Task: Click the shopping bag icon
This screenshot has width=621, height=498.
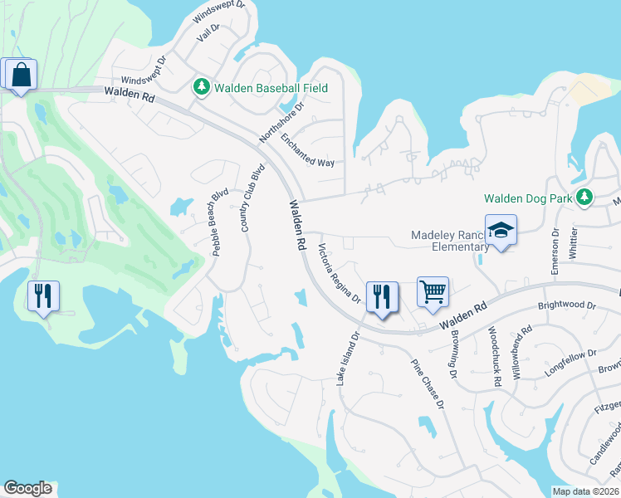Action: pyautogui.click(x=20, y=75)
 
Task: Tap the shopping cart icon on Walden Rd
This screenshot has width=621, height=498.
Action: pyautogui.click(x=433, y=293)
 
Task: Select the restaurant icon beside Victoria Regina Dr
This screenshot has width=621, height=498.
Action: pyautogui.click(x=382, y=297)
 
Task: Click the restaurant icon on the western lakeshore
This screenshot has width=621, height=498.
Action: pyautogui.click(x=43, y=296)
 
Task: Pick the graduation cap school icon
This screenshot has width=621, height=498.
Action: pyautogui.click(x=501, y=230)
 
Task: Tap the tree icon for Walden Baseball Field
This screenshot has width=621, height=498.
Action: pyautogui.click(x=201, y=87)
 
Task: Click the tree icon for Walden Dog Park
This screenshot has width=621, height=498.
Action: pyautogui.click(x=585, y=197)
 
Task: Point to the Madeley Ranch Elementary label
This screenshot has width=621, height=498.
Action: pyautogui.click(x=450, y=241)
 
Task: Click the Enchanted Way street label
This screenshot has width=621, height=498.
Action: pyautogui.click(x=307, y=150)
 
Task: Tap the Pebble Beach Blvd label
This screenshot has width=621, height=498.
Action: pyautogui.click(x=219, y=222)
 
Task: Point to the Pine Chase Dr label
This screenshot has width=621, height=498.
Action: pyautogui.click(x=428, y=383)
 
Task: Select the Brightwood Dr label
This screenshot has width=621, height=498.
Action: pyautogui.click(x=567, y=305)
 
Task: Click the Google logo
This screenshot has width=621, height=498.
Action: pyautogui.click(x=27, y=488)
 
